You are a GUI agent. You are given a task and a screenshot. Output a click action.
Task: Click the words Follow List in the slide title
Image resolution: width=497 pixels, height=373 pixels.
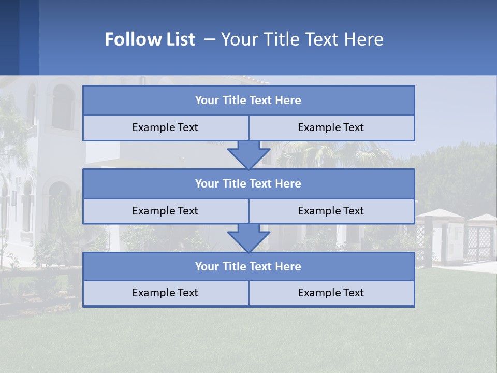150,39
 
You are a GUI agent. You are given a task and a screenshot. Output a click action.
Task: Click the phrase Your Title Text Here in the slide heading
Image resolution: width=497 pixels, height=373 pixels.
302,39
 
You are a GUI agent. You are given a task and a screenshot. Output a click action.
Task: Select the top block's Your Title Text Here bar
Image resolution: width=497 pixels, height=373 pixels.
248,101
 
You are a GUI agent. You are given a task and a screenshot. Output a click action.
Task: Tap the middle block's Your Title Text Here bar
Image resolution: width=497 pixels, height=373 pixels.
248,184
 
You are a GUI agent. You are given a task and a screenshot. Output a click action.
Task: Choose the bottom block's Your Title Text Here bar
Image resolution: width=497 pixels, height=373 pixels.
248,267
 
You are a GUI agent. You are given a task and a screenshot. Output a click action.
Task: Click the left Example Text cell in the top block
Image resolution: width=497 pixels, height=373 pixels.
165,128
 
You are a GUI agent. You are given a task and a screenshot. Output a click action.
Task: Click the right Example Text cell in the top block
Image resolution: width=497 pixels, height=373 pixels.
331,128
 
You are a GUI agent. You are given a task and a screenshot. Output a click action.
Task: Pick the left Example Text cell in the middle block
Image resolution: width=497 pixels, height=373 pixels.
165,211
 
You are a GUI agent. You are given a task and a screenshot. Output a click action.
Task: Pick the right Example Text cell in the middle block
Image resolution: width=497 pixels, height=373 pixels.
331,211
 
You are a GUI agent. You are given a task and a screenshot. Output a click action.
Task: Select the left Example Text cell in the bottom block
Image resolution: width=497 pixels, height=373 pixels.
165,293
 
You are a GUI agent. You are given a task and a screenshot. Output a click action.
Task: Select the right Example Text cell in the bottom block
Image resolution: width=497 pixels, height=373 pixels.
331,293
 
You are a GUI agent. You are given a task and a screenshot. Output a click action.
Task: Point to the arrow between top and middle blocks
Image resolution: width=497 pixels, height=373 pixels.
248,155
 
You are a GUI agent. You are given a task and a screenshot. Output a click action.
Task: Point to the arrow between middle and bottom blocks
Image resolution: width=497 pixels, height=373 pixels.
248,238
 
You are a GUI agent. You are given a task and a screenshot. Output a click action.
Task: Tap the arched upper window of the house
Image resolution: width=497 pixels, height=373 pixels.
63,107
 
